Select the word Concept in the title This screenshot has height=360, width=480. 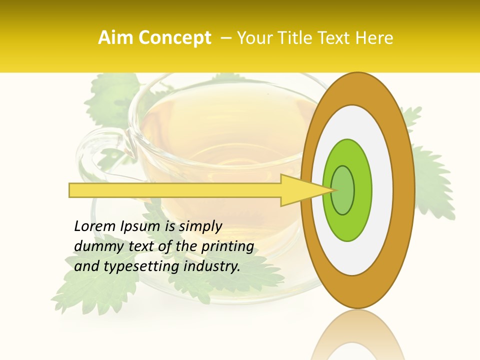[x=175, y=38]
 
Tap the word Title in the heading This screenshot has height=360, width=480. [x=296, y=38]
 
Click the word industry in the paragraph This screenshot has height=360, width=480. [x=212, y=266]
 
